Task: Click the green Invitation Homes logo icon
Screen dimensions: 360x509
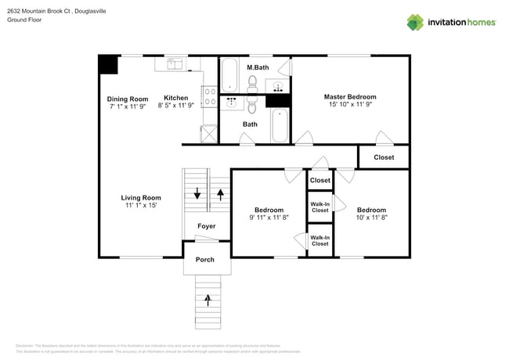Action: pyautogui.click(x=417, y=22)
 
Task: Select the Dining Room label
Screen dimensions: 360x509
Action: pyautogui.click(x=128, y=99)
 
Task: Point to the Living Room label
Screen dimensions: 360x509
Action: pyautogui.click(x=141, y=198)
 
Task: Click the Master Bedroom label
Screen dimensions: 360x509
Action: pyautogui.click(x=350, y=97)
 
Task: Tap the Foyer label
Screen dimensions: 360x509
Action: pyautogui.click(x=206, y=226)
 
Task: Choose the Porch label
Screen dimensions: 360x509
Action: pyautogui.click(x=205, y=260)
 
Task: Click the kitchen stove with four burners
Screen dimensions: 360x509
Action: pyautogui.click(x=210, y=96)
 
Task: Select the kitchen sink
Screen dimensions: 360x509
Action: pyautogui.click(x=175, y=63)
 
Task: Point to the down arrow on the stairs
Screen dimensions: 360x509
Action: pyautogui.click(x=197, y=194)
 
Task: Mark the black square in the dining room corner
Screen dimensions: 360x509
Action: pyautogui.click(x=108, y=64)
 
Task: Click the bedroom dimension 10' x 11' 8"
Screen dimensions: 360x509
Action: pyautogui.click(x=371, y=218)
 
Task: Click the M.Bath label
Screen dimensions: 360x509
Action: pyautogui.click(x=258, y=68)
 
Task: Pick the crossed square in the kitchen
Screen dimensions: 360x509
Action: pyautogui.click(x=209, y=135)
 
